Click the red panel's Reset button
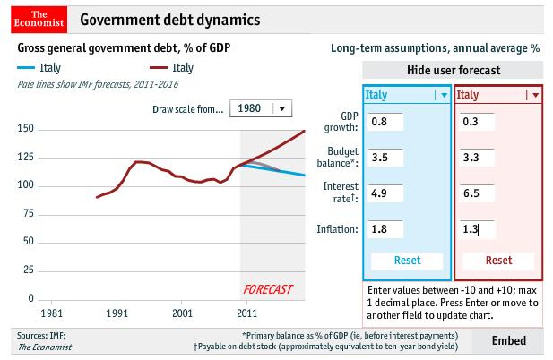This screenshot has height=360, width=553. [498, 261]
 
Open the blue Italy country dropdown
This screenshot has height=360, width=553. [442, 94]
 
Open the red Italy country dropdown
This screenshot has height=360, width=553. [535, 94]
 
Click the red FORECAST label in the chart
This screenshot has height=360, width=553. [270, 289]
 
